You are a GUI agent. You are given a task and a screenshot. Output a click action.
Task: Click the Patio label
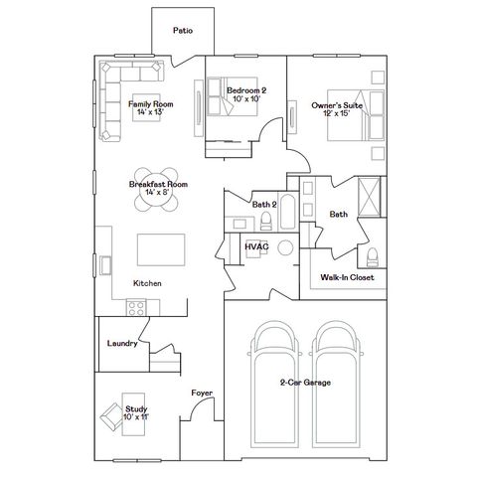182,31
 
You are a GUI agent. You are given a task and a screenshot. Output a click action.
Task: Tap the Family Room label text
151,107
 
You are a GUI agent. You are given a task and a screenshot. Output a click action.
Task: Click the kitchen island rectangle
161,247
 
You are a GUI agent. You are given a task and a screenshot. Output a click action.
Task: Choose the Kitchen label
147,283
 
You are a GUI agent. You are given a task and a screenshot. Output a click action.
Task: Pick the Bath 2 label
262,205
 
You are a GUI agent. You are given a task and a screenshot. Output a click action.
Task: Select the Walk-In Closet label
347,278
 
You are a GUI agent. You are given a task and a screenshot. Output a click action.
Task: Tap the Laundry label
121,344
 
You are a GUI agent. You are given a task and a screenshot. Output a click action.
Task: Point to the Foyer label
202,393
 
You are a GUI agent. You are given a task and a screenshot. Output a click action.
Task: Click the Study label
135,409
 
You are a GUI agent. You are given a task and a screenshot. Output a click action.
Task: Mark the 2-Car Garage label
305,383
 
